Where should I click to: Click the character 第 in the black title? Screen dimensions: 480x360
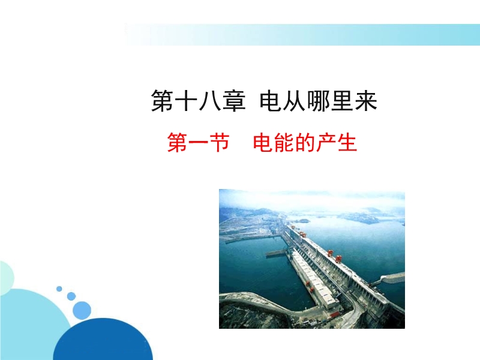(162, 101)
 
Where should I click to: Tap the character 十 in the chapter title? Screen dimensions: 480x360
(186, 101)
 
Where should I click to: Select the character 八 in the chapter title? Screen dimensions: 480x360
(209, 101)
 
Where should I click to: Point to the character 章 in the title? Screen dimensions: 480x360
(233, 101)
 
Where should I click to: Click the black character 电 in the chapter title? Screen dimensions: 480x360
(270, 101)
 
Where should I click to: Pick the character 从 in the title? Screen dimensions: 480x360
(293, 101)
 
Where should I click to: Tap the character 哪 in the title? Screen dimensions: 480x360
(317, 101)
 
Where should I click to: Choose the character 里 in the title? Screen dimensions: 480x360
(341, 101)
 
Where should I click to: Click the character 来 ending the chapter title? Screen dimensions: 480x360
(365, 101)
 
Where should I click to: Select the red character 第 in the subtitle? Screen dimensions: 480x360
(178, 142)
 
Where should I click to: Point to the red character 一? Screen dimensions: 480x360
(199, 143)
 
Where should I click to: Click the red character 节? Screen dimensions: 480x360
(219, 142)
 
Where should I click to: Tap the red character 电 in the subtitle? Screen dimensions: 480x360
(263, 142)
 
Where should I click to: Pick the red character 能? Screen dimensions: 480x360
(284, 142)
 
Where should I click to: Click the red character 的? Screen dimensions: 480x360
(305, 142)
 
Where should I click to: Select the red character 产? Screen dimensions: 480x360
(326, 142)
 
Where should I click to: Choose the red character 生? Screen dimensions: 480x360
(347, 142)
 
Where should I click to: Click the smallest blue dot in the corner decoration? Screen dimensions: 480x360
(59, 289)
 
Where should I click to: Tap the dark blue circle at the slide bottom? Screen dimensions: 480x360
(103, 339)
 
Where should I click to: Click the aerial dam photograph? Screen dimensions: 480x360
(312, 259)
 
